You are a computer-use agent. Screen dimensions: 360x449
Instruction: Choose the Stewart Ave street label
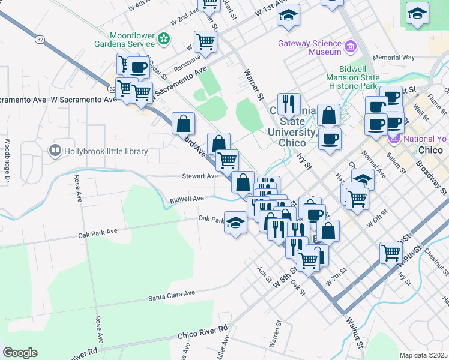pyautogui.click(x=200, y=176)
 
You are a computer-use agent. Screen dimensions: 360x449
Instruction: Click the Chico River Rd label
pyautogui.click(x=202, y=332)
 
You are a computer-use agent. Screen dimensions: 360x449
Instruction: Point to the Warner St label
pyautogui.click(x=254, y=83)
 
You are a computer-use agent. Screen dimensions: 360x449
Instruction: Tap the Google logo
pyautogui.click(x=20, y=353)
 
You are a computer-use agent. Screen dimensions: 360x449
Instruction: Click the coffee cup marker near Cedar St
pyautogui.click(x=138, y=68)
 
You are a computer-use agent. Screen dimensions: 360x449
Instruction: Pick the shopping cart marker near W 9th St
pyautogui.click(x=391, y=252)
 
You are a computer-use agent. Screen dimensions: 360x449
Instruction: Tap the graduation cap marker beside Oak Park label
pyautogui.click(x=235, y=222)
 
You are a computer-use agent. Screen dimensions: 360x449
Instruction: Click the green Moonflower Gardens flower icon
pyautogui.click(x=164, y=39)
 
